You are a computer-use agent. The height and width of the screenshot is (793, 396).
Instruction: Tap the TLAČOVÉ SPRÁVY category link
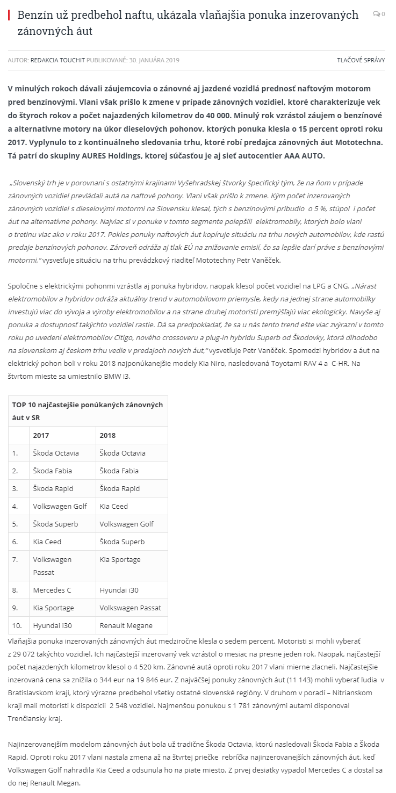tap(361, 60)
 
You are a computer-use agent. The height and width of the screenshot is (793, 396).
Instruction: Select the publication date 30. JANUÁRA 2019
tap(154, 60)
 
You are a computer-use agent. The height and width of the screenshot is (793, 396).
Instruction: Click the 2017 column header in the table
tap(41, 435)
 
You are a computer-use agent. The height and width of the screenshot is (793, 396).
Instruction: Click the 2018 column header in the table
tap(107, 435)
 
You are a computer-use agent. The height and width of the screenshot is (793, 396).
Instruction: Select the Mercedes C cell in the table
tap(52, 590)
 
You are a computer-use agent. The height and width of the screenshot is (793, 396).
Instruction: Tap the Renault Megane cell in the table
tap(126, 625)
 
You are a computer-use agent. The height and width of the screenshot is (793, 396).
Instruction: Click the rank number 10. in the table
tap(17, 625)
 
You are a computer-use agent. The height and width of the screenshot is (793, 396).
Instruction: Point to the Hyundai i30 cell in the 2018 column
tap(119, 590)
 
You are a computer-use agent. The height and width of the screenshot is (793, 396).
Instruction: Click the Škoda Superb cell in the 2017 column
tap(55, 524)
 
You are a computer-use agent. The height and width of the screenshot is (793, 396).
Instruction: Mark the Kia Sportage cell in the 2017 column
tap(53, 608)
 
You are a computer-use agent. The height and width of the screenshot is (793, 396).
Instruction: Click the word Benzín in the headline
tap(34, 15)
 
